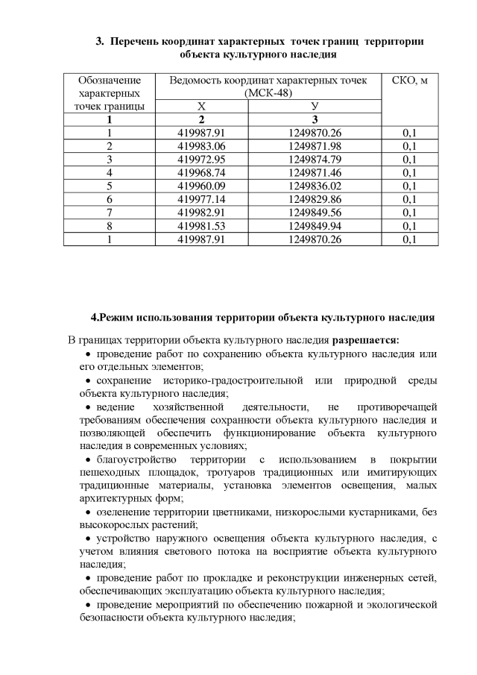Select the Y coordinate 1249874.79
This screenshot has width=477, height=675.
[x=315, y=159]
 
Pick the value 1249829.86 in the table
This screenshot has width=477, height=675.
[x=315, y=199]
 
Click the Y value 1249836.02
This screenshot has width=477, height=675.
[x=315, y=186]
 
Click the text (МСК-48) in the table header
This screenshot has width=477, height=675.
[x=268, y=93]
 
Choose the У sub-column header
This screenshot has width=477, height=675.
[x=315, y=107]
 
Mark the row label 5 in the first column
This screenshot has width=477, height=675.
[x=110, y=186]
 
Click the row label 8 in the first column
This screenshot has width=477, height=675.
[x=110, y=226]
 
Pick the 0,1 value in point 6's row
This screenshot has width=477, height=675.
[x=409, y=199]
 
